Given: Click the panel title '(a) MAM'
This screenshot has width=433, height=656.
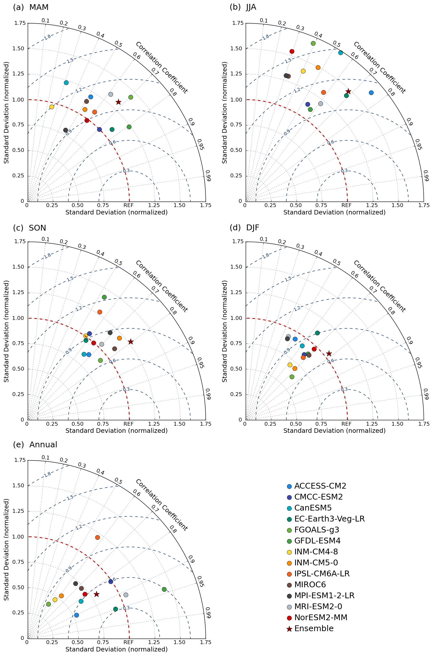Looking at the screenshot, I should point(31,7).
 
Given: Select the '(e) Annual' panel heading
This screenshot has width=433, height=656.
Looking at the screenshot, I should point(35,444).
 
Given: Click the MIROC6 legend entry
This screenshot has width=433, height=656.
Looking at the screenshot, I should point(310,584).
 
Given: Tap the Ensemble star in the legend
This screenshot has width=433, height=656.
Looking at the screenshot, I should point(289,629).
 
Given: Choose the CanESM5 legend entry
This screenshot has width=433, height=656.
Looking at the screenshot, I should point(313,508).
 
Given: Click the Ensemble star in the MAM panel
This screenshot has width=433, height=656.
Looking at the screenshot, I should point(118,102).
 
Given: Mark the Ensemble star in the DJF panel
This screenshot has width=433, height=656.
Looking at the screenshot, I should point(329,353).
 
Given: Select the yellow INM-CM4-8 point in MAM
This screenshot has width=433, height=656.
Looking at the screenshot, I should point(52,107).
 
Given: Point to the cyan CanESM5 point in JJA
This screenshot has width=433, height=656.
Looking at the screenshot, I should point(340,53).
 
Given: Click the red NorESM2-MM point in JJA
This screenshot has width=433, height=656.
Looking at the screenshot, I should point(292,51).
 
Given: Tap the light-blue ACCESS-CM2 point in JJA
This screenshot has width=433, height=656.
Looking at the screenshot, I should point(371,93).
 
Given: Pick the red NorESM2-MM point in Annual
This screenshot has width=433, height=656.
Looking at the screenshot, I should point(85,594).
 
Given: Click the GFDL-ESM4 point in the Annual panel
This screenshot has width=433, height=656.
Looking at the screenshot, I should point(164,589).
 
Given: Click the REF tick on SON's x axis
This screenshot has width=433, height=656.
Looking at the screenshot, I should point(129,423).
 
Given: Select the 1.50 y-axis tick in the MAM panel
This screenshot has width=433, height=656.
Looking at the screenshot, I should point(19,48).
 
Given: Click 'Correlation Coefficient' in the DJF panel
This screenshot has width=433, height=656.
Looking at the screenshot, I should point(379,286).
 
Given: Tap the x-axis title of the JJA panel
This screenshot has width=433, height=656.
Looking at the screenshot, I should point(334,212).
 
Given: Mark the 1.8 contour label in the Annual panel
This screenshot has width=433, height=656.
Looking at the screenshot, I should point(47,474).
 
